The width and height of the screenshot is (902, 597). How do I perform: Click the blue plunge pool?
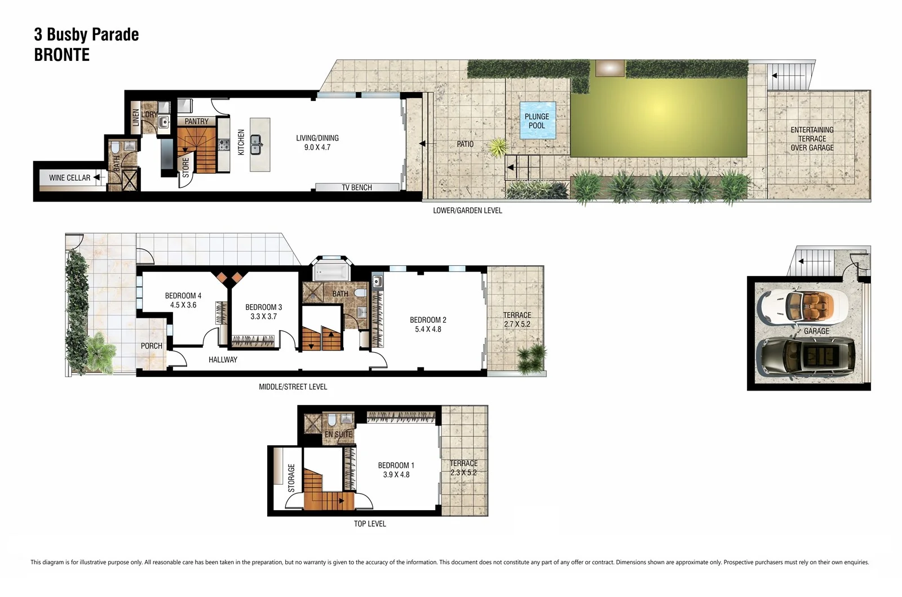tap(537, 120)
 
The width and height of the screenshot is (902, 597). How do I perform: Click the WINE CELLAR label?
tap(69, 178)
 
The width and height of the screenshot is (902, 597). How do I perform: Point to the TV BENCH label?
tap(356, 187)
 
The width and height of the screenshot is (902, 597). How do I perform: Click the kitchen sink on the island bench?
tap(256, 144)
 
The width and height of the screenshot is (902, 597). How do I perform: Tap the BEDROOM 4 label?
tap(183, 296)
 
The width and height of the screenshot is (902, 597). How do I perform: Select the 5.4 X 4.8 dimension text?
tap(428, 330)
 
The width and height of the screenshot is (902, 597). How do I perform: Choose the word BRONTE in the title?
tap(62, 55)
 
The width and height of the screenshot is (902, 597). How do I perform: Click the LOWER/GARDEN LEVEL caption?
tap(467, 210)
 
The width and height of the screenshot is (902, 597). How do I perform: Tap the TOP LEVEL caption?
tap(370, 524)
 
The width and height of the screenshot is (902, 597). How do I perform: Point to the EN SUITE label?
tap(338, 434)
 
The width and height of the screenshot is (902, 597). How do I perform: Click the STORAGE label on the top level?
tap(291, 477)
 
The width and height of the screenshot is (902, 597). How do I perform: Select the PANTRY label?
tap(196, 121)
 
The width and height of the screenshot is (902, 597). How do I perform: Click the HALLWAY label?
tap(223, 359)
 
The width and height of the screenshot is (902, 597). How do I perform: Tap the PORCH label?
tap(151, 346)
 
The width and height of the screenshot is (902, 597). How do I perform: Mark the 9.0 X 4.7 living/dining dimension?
tap(317, 147)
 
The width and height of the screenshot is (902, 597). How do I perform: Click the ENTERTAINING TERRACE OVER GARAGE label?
tap(812, 139)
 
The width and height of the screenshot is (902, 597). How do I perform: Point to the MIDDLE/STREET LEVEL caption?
tap(293, 387)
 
